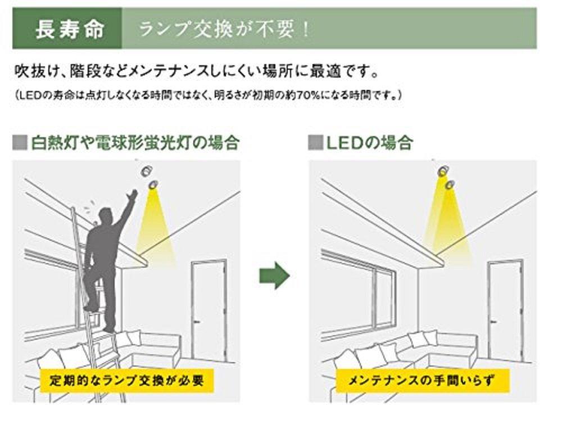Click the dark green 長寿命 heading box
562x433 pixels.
67,28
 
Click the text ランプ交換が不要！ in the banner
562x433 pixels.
225,29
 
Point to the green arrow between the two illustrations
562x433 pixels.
275,275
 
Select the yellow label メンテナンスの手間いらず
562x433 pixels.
422,380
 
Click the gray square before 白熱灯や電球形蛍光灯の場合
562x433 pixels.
20,142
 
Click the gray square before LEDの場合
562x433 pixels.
315,142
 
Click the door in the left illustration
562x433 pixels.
209,310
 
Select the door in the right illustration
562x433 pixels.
505,310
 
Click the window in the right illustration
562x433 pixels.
359,295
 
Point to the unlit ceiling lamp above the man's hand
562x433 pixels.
146,171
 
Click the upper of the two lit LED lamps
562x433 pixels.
443,171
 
